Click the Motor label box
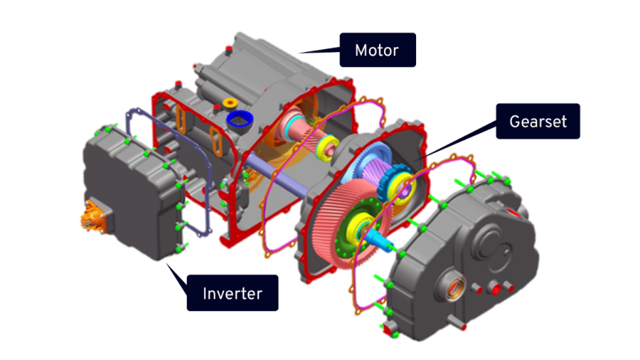(376, 51)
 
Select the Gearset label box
(538, 121)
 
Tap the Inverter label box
(232, 293)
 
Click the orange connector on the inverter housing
(90, 217)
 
